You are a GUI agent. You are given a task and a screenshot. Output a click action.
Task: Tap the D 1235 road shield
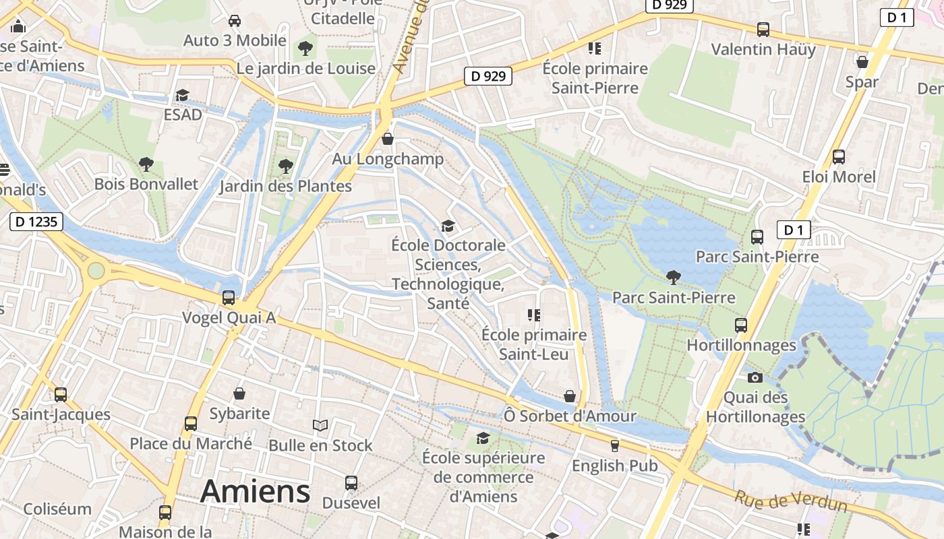point(36,221)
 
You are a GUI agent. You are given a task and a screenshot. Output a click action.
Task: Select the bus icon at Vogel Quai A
point(229,297)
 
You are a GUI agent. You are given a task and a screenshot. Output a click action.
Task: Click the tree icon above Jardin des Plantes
point(286,166)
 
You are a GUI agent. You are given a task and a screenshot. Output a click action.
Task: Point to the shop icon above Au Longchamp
point(388,139)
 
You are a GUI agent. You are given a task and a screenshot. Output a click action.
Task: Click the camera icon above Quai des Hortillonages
point(755,377)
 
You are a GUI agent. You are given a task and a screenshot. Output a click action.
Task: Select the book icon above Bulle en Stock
point(320,425)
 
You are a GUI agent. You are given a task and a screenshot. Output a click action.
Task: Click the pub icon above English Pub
point(614,445)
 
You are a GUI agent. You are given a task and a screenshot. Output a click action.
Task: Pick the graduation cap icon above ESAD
point(182,95)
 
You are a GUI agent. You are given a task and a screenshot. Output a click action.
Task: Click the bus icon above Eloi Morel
point(839,157)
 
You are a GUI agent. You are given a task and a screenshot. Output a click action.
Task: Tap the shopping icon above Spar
point(862,62)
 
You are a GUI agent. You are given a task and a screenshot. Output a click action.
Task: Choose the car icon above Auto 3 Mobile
point(235,21)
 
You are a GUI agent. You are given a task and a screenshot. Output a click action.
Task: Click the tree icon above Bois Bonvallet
point(146,164)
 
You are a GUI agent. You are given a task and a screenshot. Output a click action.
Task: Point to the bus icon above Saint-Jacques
point(61,394)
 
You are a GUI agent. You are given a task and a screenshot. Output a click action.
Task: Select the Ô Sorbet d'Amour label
point(570,416)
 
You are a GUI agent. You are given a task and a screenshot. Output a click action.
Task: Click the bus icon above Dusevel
point(351,482)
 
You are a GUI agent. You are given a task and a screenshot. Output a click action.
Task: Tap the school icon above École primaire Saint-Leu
point(534,315)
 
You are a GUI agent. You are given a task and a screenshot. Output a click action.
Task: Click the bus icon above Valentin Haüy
point(763,30)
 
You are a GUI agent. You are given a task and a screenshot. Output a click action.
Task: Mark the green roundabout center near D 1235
point(96,270)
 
